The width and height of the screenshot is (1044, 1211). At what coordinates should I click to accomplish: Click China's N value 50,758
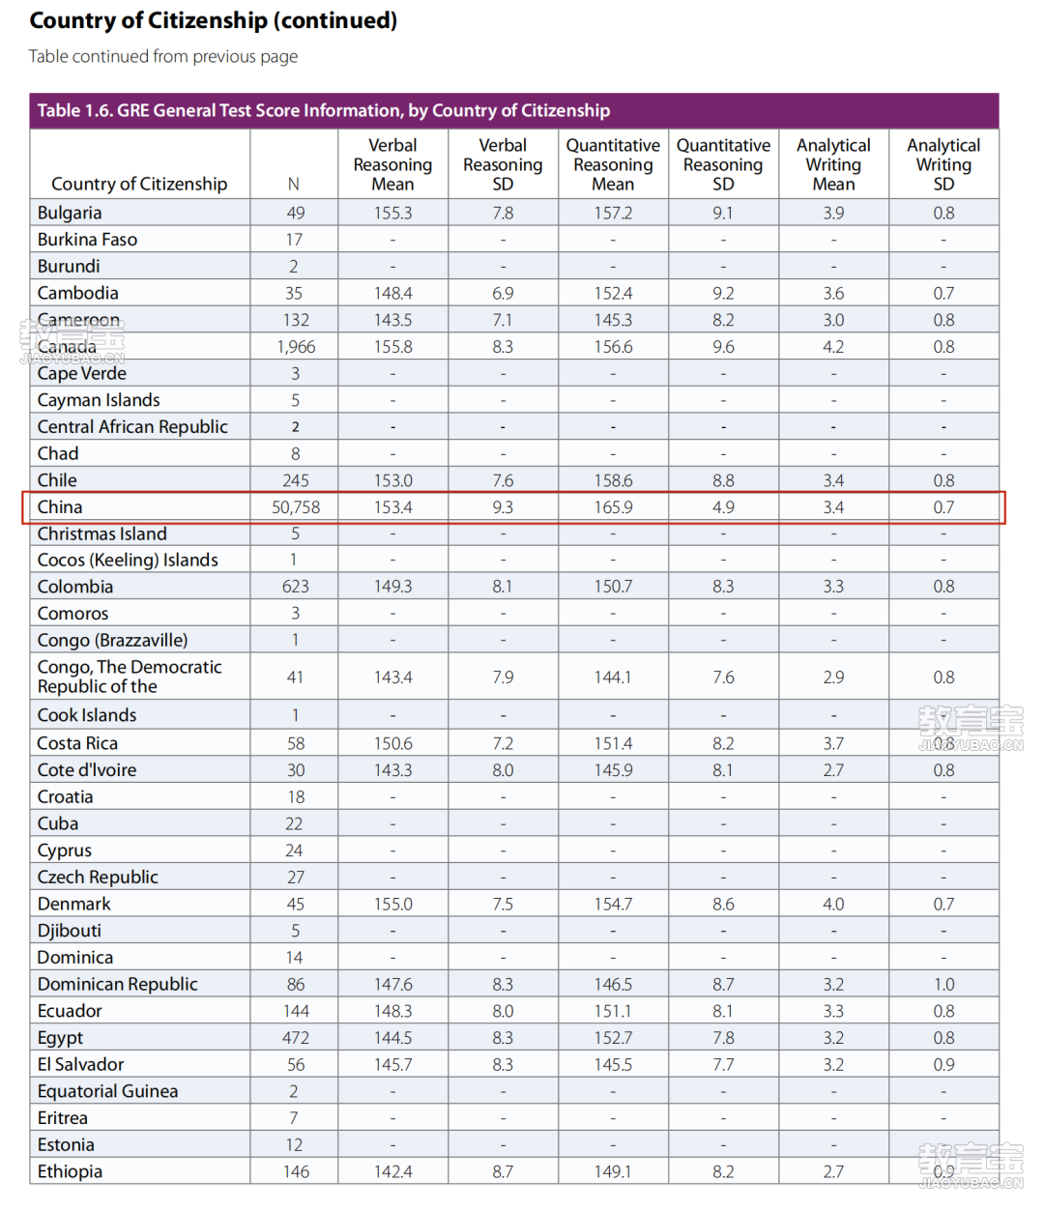tap(296, 506)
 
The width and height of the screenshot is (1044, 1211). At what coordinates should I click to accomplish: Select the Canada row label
tap(67, 347)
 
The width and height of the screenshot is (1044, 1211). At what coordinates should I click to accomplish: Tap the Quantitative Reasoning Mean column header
tap(613, 164)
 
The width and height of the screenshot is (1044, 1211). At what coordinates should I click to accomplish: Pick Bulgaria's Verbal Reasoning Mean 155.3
tap(393, 213)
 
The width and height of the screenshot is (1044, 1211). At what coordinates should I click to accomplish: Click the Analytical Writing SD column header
tap(943, 164)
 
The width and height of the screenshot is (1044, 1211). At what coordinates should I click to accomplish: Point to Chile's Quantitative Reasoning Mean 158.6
tap(613, 480)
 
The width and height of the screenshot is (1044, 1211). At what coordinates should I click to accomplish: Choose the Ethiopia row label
tap(70, 1171)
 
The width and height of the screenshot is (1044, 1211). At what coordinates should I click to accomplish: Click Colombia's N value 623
tap(295, 587)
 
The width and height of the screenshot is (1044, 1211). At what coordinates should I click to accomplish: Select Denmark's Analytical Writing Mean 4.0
tap(833, 904)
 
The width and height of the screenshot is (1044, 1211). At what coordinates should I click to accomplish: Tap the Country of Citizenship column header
tap(139, 184)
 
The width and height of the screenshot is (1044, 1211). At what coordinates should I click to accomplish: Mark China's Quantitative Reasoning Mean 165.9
tap(613, 506)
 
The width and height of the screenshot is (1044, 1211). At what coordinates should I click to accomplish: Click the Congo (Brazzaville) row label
tap(112, 641)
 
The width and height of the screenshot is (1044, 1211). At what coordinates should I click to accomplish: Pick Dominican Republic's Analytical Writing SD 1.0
tap(943, 984)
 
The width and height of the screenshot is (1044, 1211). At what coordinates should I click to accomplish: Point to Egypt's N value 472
tap(295, 1038)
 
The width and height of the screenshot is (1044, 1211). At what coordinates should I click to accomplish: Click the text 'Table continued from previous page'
tap(163, 56)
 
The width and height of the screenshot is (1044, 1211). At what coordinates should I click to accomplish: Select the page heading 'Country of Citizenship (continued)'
tap(214, 20)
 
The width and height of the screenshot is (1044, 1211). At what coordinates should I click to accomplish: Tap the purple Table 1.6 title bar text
tap(324, 110)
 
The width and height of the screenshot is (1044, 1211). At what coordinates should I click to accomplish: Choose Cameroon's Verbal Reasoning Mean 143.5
tap(393, 320)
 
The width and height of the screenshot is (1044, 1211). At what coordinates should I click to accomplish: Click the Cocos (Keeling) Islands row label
tap(128, 561)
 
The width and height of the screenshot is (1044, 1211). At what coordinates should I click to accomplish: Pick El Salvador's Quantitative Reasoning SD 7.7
tap(723, 1064)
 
